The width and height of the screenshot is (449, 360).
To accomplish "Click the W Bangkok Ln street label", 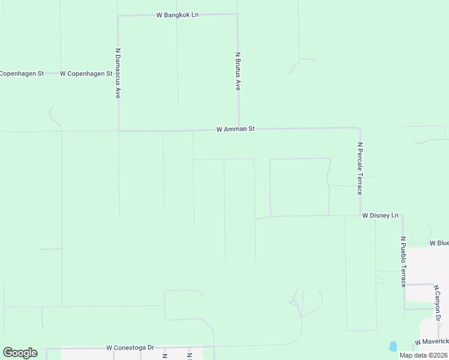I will pos(177,14).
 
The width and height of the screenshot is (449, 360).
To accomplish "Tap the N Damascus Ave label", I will pos(118,73).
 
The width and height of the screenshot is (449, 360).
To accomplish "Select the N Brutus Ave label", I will pos(238,71).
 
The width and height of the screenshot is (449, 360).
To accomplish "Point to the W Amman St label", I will pos(236,129).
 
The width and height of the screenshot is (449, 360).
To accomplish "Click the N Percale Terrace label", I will pos(360,168).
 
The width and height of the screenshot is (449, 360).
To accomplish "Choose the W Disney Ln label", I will pos(380,215).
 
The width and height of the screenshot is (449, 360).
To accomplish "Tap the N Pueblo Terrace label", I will pos(403,261).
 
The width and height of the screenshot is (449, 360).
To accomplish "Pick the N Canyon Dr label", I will pos(438,302).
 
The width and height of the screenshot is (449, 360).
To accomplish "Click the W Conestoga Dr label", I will pos(130,347).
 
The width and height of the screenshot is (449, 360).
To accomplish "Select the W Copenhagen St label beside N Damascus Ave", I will pos(86,74).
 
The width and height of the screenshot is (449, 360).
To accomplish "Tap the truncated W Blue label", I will pos(439,243).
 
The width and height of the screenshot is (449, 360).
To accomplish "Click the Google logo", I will pos(20,353).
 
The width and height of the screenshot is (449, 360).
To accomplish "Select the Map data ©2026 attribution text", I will pos(424,355).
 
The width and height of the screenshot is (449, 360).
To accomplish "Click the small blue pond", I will pos(393,346).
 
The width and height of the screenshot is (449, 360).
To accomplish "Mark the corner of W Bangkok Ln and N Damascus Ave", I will pos(118,16).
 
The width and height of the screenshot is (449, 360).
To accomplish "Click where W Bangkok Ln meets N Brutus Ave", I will pos(237,15).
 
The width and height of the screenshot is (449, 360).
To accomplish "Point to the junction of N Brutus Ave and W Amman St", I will pos(240,128).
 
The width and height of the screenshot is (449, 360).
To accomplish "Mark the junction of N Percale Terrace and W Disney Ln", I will pos(360,215).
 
